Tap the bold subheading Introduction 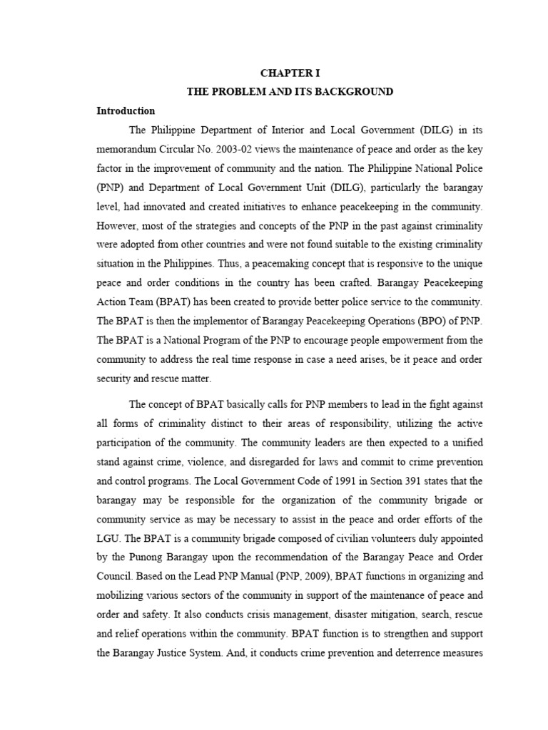(x=126, y=111)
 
